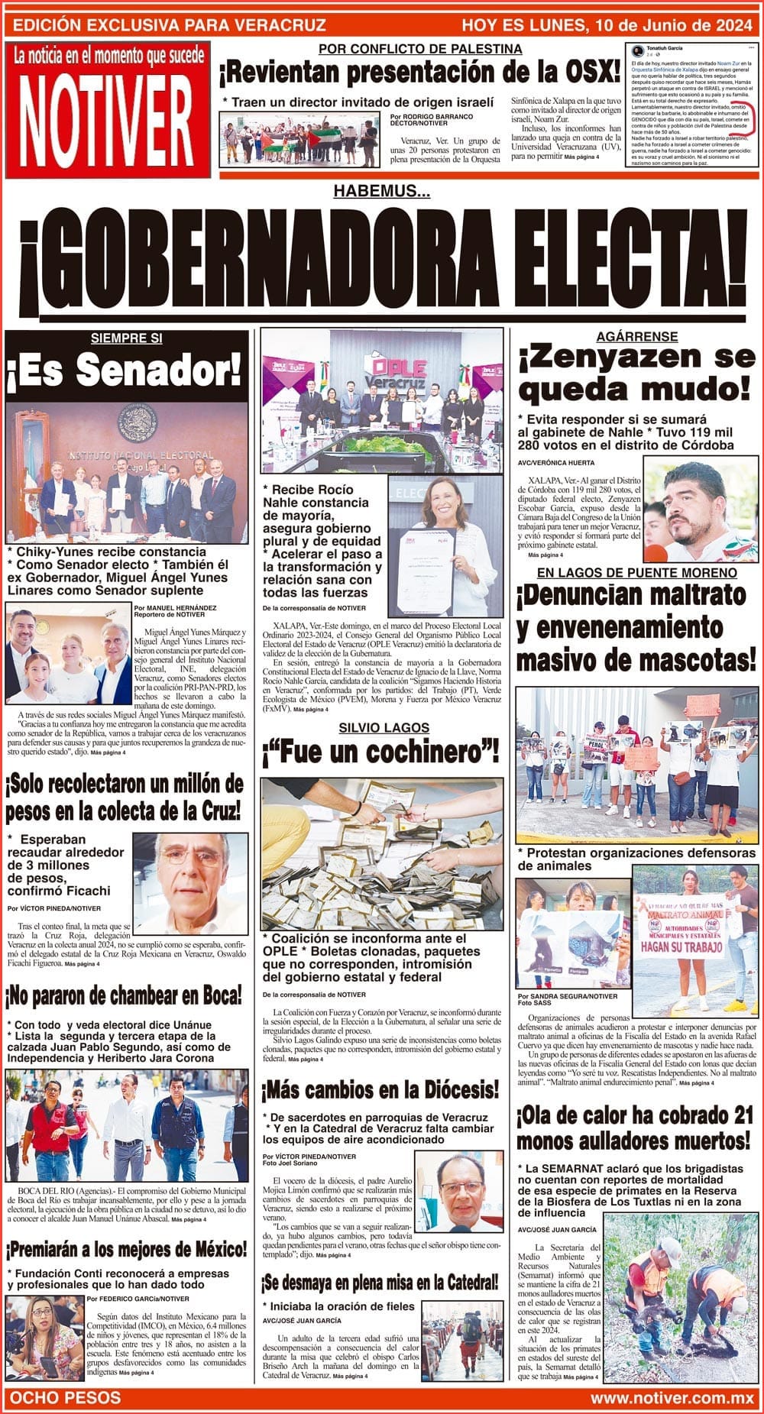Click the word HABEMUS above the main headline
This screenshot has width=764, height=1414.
[381, 192]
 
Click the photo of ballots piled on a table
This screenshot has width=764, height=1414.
[382, 853]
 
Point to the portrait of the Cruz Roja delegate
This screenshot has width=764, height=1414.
[190, 883]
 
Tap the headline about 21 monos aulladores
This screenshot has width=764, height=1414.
[635, 1128]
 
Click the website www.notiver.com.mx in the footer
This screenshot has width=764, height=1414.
[672, 1397]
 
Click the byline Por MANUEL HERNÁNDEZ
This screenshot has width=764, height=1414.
[174, 608]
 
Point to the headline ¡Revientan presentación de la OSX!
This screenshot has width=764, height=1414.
[419, 73]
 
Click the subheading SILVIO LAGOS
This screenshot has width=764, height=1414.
[384, 728]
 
